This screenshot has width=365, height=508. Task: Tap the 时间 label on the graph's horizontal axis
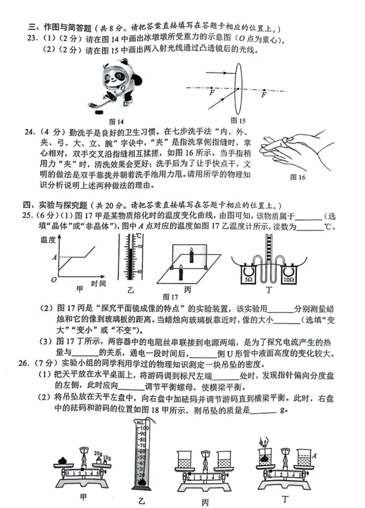pos(99,283)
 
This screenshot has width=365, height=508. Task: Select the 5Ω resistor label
pos(248,278)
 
